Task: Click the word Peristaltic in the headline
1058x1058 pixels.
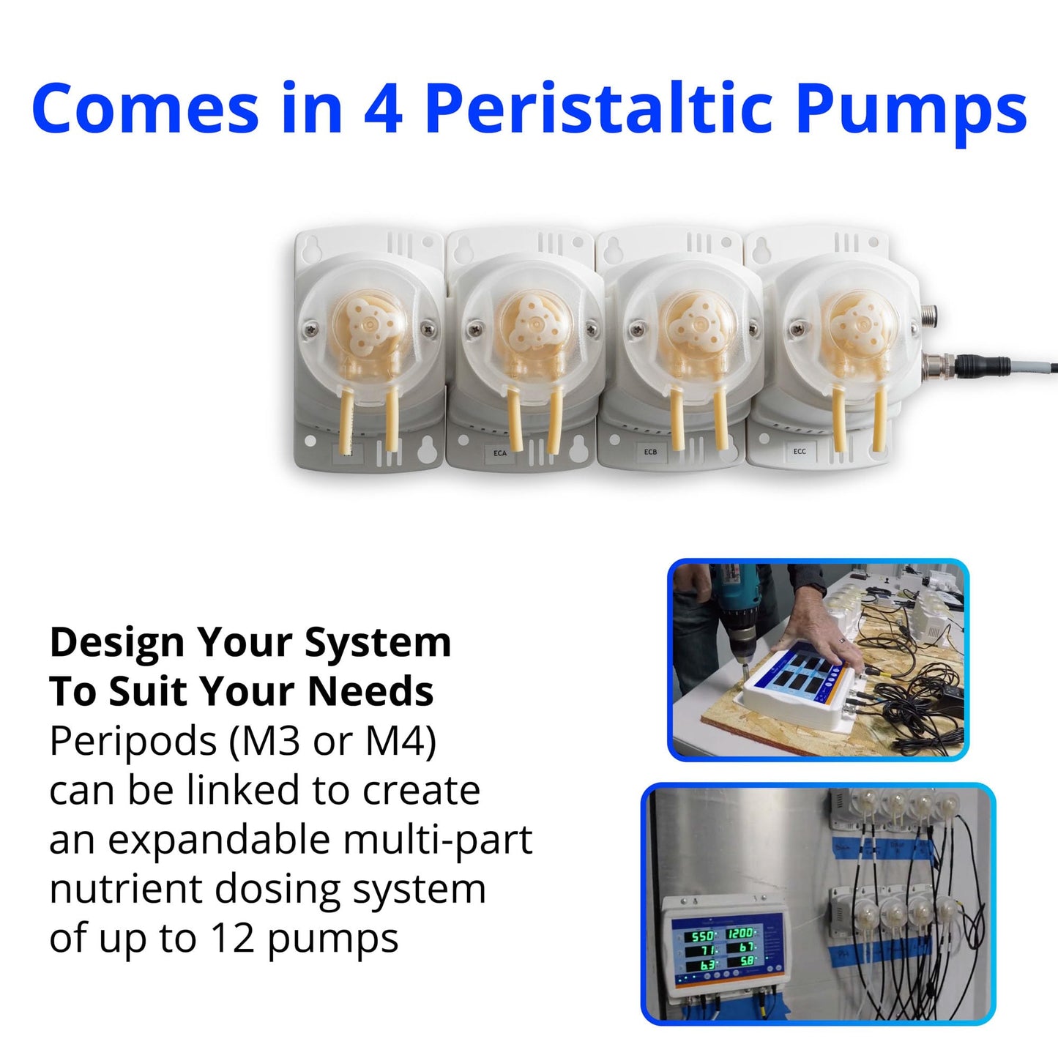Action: coord(598,110)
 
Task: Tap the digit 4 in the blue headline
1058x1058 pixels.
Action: coord(382,110)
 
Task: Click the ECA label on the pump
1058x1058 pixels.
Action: coord(499,453)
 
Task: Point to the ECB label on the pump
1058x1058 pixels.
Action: coord(650,452)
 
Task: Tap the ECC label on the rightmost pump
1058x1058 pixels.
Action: coord(800,451)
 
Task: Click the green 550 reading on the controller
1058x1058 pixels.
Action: coord(701,936)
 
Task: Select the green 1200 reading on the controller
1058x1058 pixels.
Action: coord(740,933)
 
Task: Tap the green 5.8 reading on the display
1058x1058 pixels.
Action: coord(747,961)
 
